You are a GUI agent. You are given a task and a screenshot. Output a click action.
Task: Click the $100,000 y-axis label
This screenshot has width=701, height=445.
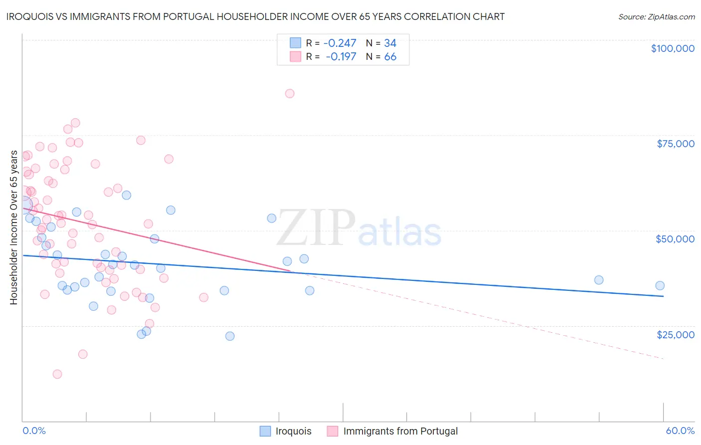click(x=673, y=48)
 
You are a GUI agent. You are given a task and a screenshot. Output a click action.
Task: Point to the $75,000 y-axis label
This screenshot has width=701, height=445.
click(x=676, y=144)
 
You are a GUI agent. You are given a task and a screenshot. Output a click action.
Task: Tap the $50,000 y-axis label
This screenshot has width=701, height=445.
click(x=675, y=239)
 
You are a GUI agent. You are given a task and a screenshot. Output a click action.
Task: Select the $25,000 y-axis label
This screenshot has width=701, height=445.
click(x=676, y=334)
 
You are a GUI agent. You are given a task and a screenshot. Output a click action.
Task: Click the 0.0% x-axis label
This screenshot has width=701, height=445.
click(x=34, y=431)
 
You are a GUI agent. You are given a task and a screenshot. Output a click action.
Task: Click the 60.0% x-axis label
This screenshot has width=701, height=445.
click(x=680, y=431)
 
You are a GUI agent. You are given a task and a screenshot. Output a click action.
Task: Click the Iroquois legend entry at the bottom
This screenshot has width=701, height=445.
click(x=293, y=431)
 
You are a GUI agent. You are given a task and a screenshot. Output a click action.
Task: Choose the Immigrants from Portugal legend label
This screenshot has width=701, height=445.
click(x=400, y=431)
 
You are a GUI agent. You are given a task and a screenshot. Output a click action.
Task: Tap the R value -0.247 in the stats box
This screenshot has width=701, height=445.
click(x=340, y=43)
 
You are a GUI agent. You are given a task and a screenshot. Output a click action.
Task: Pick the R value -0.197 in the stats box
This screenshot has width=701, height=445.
click(x=341, y=57)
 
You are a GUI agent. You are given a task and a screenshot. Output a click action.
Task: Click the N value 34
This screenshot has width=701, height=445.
click(x=390, y=43)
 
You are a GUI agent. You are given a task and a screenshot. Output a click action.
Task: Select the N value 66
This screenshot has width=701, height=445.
click(x=390, y=57)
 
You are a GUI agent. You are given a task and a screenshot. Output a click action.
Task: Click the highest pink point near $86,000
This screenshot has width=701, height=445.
click(x=290, y=93)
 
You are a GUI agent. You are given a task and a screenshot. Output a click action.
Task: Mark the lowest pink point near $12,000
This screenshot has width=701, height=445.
click(x=57, y=374)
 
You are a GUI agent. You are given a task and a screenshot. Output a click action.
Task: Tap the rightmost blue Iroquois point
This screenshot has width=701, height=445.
click(x=660, y=286)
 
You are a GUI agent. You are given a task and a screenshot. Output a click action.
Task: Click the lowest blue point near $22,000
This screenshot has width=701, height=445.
click(x=230, y=336)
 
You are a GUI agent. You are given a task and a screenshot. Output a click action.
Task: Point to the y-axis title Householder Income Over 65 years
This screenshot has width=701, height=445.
click(x=14, y=227)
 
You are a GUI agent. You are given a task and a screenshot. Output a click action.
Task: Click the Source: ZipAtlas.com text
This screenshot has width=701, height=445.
click(x=657, y=17)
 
